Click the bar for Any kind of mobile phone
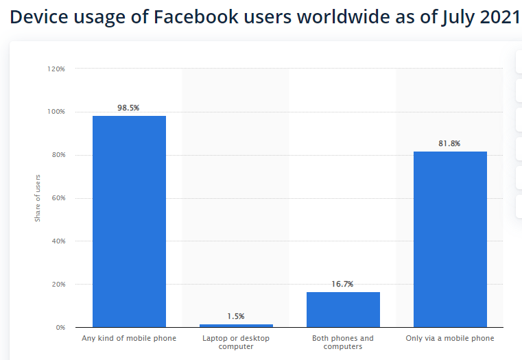coord(129,221)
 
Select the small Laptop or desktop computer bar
coord(236,325)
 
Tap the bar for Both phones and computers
coord(343,309)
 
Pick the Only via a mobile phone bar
coord(450,239)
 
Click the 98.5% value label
coord(129,108)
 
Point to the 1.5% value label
coord(236,316)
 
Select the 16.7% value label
coord(343,284)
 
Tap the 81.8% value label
coord(450,143)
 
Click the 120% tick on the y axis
coord(56,69)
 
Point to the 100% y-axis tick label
coord(56,112)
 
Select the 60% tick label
coord(58,198)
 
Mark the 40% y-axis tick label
coord(58,241)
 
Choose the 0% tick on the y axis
coord(60,328)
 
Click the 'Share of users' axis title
coord(38,198)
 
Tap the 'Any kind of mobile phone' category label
coord(129,339)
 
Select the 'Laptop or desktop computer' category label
coord(236,342)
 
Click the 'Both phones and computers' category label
coord(343,342)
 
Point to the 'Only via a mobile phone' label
coord(450,339)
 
